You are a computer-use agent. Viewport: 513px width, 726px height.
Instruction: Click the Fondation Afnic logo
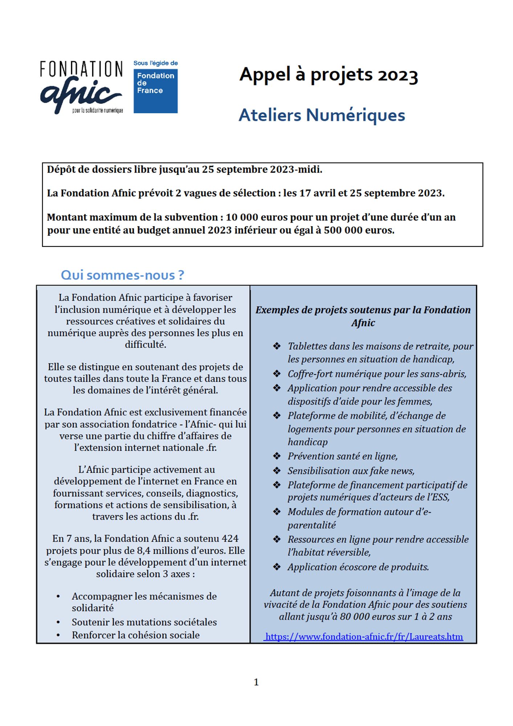click(81, 87)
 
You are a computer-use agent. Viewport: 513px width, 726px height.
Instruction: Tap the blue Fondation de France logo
click(155, 91)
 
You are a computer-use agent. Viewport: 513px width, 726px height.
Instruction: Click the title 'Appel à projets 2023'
click(329, 75)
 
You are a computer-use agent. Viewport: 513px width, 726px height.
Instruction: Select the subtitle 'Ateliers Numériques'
click(322, 115)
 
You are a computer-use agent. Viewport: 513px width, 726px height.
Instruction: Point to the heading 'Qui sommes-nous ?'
click(122, 275)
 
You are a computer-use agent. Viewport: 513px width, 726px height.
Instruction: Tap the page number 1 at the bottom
click(256, 682)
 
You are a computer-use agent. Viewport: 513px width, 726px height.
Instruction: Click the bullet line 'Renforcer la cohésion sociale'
click(135, 635)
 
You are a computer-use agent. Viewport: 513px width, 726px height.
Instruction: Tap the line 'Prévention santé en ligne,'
click(343, 456)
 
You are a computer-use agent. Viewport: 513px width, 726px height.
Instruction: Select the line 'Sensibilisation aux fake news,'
click(351, 470)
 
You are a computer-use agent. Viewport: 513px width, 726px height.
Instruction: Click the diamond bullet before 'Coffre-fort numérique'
click(277, 374)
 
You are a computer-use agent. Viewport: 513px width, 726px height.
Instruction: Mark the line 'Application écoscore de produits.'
click(358, 567)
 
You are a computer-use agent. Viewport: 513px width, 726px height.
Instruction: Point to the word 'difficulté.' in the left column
click(145, 344)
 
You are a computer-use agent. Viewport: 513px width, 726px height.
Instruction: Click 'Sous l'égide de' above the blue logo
click(155, 63)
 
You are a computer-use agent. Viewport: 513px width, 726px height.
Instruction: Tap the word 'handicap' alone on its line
click(308, 442)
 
